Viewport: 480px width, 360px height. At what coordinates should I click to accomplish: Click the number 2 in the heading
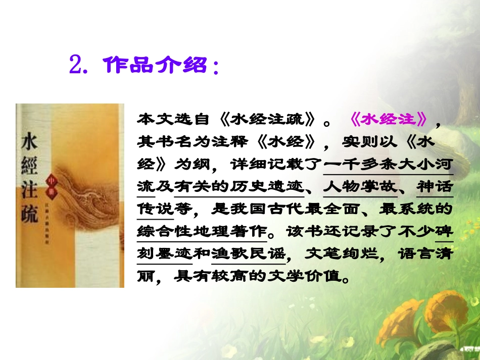click(75, 65)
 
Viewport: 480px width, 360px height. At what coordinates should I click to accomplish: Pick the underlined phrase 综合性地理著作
click(202, 232)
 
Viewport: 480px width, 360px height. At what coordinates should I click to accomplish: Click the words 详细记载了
click(275, 164)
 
